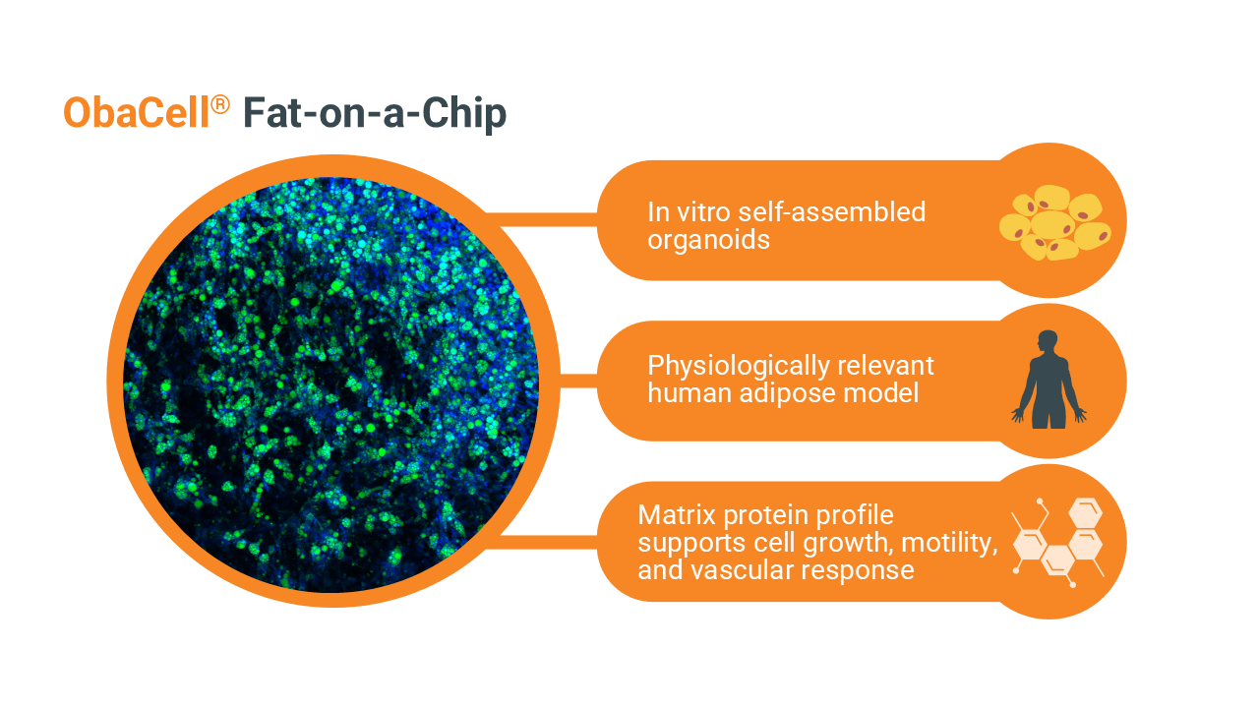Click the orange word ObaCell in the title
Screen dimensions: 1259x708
136,112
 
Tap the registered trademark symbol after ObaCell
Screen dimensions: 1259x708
220,104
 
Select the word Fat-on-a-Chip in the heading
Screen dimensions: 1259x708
375,114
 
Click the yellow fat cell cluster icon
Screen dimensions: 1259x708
1055,222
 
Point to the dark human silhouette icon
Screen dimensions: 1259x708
1049,380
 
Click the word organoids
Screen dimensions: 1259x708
708,241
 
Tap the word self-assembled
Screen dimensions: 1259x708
831,211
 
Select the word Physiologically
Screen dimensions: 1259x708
738,367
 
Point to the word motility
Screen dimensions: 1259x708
949,543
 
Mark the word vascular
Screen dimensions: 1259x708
742,569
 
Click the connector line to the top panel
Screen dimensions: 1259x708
541,219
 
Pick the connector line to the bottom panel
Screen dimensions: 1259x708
541,542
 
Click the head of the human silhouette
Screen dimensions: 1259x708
1048,340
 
